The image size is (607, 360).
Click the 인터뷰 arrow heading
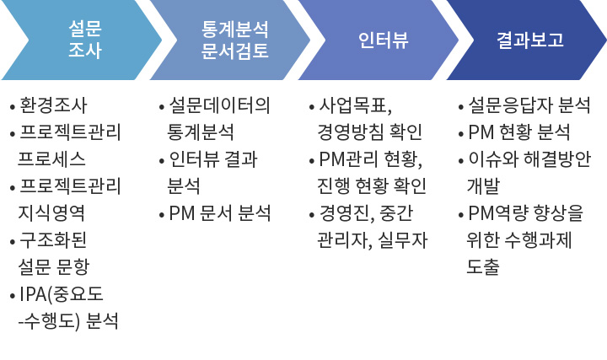pos(384,40)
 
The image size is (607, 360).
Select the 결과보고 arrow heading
pos(530,40)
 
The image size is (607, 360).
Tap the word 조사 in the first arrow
pos(85,51)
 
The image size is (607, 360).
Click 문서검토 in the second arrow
pos(234,51)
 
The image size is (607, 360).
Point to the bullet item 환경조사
pos(53,105)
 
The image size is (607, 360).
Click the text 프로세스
pos(51,159)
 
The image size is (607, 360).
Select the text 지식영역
pos(51,213)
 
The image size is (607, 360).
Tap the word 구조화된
pos(52,240)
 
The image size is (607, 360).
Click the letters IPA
pos(33,294)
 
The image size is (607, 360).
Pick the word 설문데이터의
pos(219,105)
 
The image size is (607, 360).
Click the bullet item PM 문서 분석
pos(219,213)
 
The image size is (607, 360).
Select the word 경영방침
pos(351,132)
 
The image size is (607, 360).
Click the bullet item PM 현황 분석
pos(519,132)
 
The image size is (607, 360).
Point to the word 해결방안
pos(557,159)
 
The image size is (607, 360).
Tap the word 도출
pos(483,266)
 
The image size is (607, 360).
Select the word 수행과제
pos(538,240)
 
